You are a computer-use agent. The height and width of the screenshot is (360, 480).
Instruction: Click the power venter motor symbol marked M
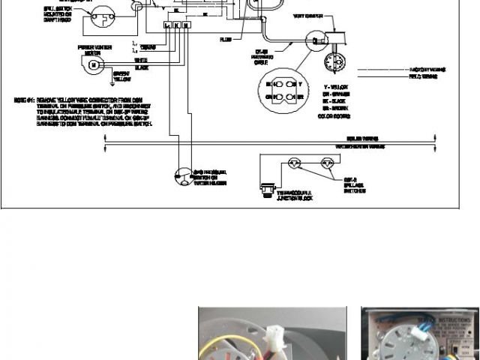(x=92, y=65)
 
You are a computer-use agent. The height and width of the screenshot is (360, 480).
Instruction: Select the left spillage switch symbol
(x=294, y=162)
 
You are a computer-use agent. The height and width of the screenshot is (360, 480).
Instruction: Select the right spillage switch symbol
(x=326, y=162)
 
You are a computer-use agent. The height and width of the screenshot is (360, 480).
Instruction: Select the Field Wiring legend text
(x=424, y=76)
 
